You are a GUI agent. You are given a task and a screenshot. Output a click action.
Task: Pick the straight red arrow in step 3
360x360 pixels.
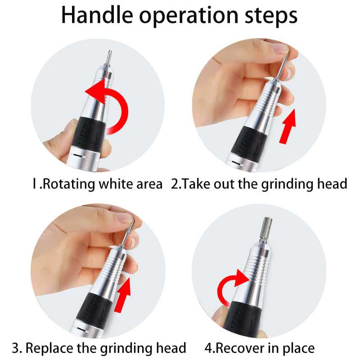[x=122, y=295]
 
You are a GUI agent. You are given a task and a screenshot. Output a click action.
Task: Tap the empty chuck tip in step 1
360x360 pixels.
[x=109, y=58]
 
